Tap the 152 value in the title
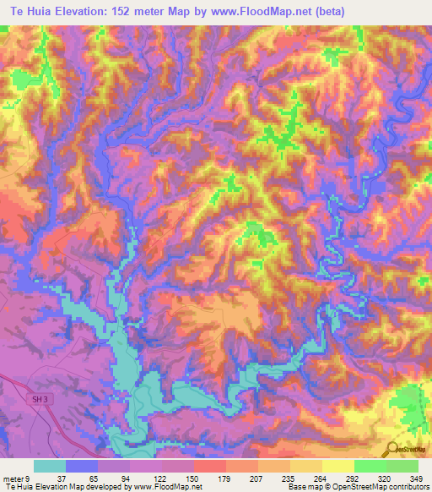click(x=128, y=11)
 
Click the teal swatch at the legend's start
click(x=50, y=466)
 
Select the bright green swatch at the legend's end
click(x=402, y=466)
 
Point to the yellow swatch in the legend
click(x=337, y=466)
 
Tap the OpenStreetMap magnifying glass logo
click(x=391, y=449)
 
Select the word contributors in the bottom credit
click(x=408, y=487)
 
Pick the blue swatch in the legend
click(x=82, y=466)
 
